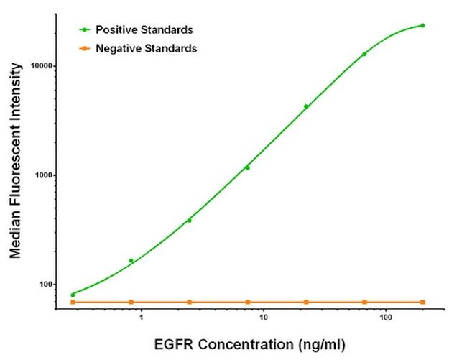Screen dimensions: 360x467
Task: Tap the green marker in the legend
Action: pos(85,29)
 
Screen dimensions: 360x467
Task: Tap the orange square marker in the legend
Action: pos(85,48)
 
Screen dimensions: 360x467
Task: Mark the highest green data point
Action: pos(422,25)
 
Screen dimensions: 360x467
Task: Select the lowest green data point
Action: pos(73,295)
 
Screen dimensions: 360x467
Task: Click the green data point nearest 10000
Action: pos(364,54)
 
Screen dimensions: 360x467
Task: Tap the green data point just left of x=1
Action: pos(131,260)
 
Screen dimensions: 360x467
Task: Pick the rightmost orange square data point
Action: pos(422,302)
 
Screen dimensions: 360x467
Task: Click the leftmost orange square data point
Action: pos(73,302)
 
